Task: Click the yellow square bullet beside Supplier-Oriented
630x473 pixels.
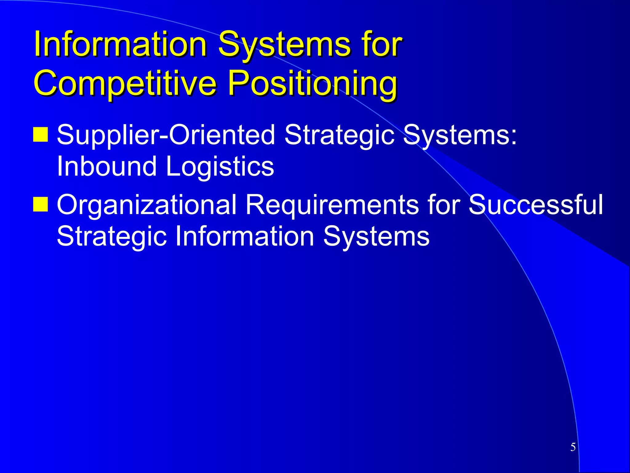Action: pos(40,134)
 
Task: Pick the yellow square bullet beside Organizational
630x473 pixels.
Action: pos(40,204)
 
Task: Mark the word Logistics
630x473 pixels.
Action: pos(220,166)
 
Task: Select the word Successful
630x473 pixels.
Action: pos(535,204)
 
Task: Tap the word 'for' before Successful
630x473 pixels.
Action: pos(443,204)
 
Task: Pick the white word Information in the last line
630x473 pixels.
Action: pos(245,236)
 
